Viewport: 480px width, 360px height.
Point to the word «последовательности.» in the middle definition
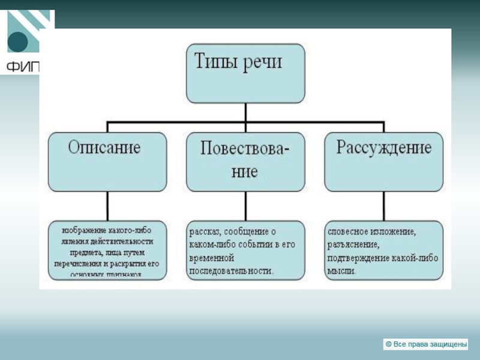point(232,271)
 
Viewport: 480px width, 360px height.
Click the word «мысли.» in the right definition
point(342,271)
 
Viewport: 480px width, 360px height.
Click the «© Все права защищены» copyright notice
point(425,344)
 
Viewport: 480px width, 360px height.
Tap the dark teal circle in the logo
point(17,43)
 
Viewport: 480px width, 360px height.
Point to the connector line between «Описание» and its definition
point(107,206)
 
